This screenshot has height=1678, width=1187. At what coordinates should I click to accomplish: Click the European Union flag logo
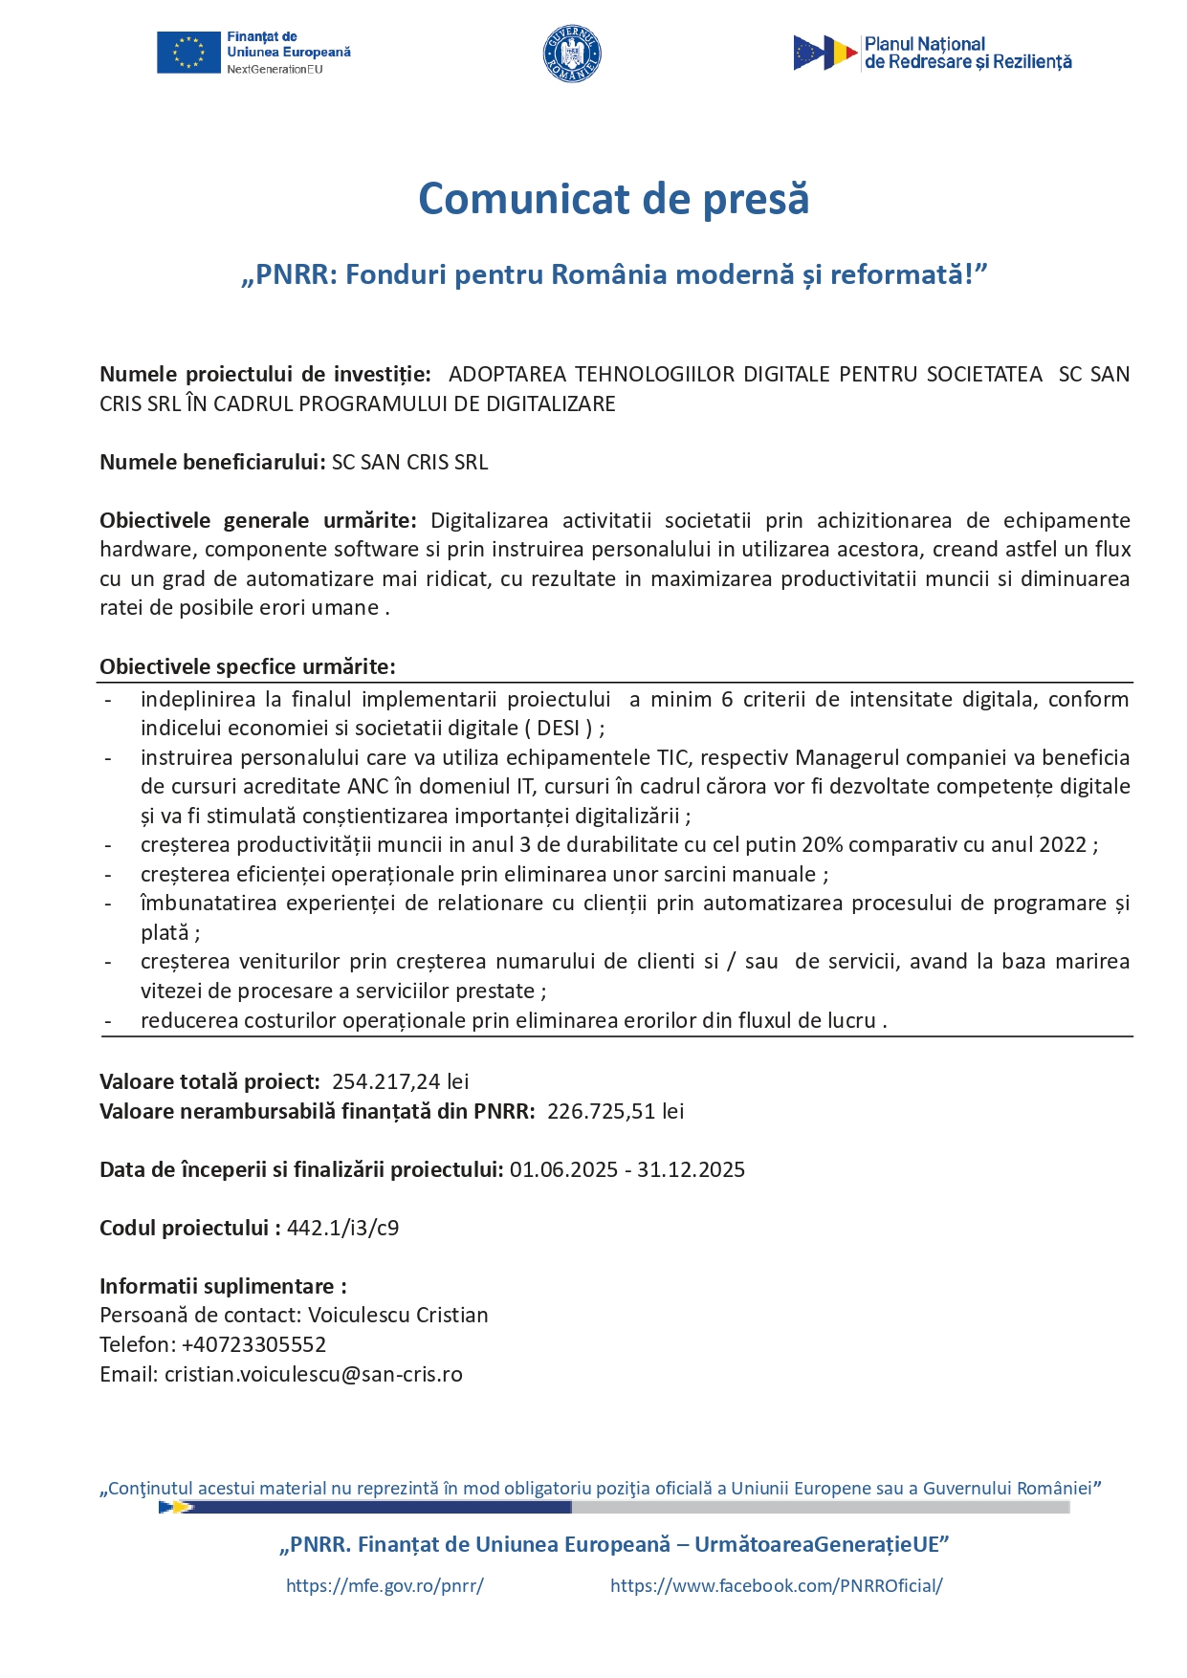[188, 54]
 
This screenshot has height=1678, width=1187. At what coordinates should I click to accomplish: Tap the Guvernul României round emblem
[572, 54]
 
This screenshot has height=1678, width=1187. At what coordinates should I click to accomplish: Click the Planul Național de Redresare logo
[932, 54]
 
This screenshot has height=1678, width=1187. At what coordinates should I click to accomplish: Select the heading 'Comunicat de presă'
[613, 199]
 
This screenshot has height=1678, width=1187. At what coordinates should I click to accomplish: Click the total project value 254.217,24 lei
[400, 1081]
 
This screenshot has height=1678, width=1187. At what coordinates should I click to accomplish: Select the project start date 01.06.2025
[563, 1169]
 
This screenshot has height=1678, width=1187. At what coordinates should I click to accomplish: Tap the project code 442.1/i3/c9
[342, 1228]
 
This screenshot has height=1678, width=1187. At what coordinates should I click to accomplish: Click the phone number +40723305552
[253, 1344]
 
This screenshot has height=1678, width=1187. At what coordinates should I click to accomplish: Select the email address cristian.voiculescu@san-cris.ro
[313, 1374]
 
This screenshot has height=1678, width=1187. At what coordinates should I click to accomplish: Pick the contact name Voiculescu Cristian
[398, 1315]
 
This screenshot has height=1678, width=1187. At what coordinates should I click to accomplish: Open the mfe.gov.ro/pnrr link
[385, 1585]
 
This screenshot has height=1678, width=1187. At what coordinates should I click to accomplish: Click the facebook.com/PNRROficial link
[776, 1585]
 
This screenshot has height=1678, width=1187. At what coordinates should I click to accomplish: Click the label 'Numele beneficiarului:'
[211, 462]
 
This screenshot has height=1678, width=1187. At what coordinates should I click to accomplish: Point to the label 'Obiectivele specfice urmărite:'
[247, 666]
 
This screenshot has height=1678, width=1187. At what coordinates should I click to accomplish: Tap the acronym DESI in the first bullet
[559, 728]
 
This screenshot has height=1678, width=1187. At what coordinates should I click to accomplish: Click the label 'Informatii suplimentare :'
[223, 1286]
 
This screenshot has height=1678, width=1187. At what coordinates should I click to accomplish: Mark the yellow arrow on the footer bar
[176, 1507]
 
